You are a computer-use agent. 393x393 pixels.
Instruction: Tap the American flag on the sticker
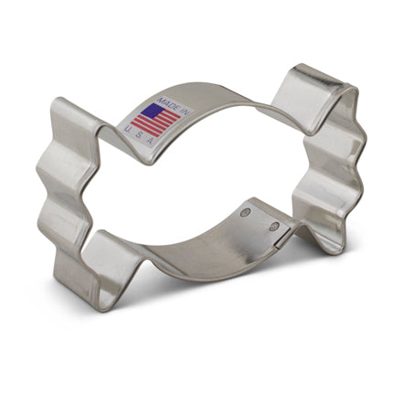click(x=151, y=120)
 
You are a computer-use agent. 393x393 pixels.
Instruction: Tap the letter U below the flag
click(x=126, y=127)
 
